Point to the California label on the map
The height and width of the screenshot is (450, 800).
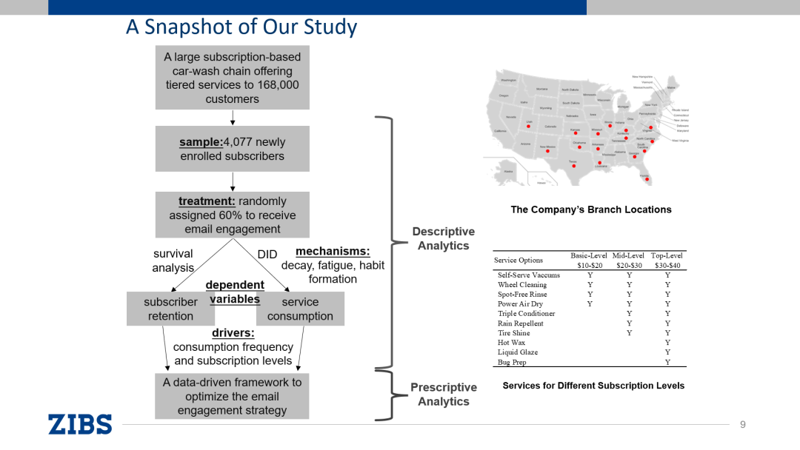tap(500, 131)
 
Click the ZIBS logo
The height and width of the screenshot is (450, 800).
tap(80, 424)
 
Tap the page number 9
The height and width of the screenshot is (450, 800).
tap(743, 424)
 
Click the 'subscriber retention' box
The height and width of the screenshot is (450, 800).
tap(170, 309)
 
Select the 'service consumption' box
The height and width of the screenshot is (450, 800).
tap(300, 309)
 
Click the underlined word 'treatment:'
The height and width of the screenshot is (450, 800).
tap(206, 201)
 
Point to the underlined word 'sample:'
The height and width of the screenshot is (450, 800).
tap(201, 142)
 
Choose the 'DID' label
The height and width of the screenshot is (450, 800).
tap(267, 254)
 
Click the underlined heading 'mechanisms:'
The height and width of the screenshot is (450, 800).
tap(333, 252)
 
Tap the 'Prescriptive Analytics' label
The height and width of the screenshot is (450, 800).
tap(443, 394)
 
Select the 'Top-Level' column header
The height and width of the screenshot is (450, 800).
tap(667, 255)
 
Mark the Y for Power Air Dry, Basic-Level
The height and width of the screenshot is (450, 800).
tap(590, 303)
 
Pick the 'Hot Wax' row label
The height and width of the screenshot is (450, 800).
tap(511, 343)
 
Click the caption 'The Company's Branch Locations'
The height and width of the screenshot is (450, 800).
tap(591, 209)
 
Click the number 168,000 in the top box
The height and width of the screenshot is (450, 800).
tap(277, 85)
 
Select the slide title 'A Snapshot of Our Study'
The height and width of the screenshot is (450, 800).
tap(241, 27)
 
